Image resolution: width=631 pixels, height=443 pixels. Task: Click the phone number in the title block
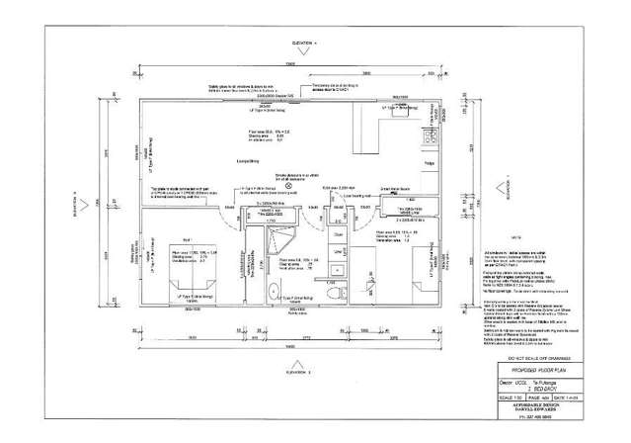(534, 417)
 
